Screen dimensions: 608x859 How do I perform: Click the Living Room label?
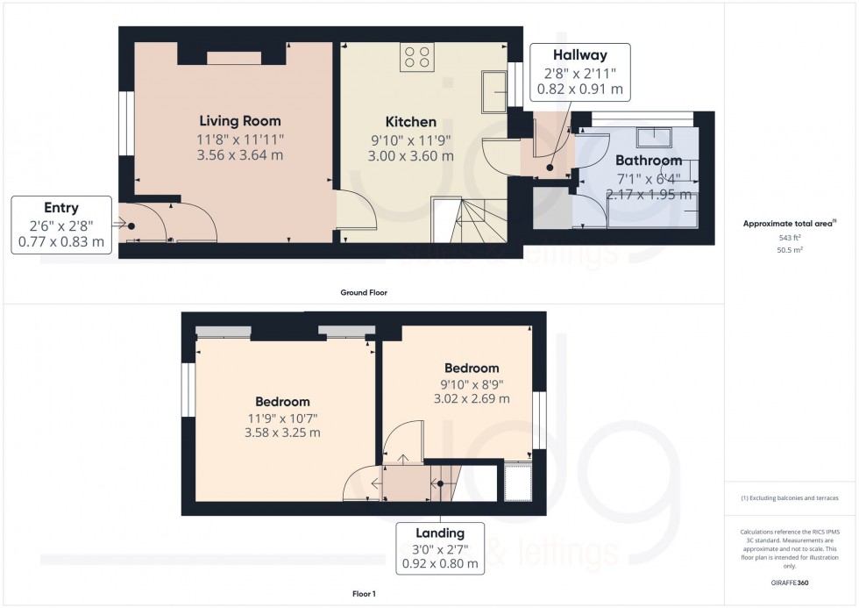239,120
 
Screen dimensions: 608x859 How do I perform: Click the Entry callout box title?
61,208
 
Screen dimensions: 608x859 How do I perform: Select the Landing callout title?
440,533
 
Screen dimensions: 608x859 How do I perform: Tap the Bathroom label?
648,161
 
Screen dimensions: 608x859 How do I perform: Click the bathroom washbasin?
653,136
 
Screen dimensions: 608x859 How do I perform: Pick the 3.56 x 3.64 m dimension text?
239,155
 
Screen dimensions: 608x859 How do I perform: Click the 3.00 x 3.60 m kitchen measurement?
410,156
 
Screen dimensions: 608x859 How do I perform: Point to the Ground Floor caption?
364,292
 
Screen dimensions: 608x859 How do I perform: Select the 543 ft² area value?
791,238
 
